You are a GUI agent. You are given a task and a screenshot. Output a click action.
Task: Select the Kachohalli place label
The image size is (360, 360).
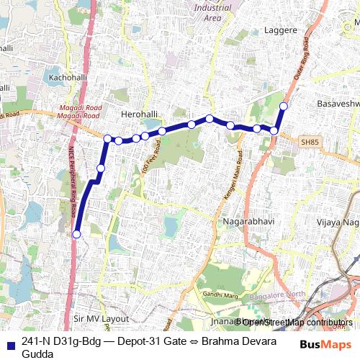[67, 76]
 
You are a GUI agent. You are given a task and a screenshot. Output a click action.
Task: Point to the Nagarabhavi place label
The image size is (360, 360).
[248, 222]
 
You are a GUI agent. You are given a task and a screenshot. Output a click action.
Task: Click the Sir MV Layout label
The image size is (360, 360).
[101, 318]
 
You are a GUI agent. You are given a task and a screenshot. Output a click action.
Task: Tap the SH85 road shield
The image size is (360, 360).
[310, 143]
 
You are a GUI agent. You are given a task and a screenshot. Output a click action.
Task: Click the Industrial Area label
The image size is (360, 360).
[212, 12]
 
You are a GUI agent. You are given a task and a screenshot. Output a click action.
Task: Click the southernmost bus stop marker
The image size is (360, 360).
[76, 234]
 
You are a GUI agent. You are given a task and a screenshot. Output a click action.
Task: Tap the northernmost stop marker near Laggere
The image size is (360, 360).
[284, 107]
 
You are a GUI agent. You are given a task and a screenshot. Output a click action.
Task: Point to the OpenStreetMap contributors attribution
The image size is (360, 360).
[295, 322]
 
